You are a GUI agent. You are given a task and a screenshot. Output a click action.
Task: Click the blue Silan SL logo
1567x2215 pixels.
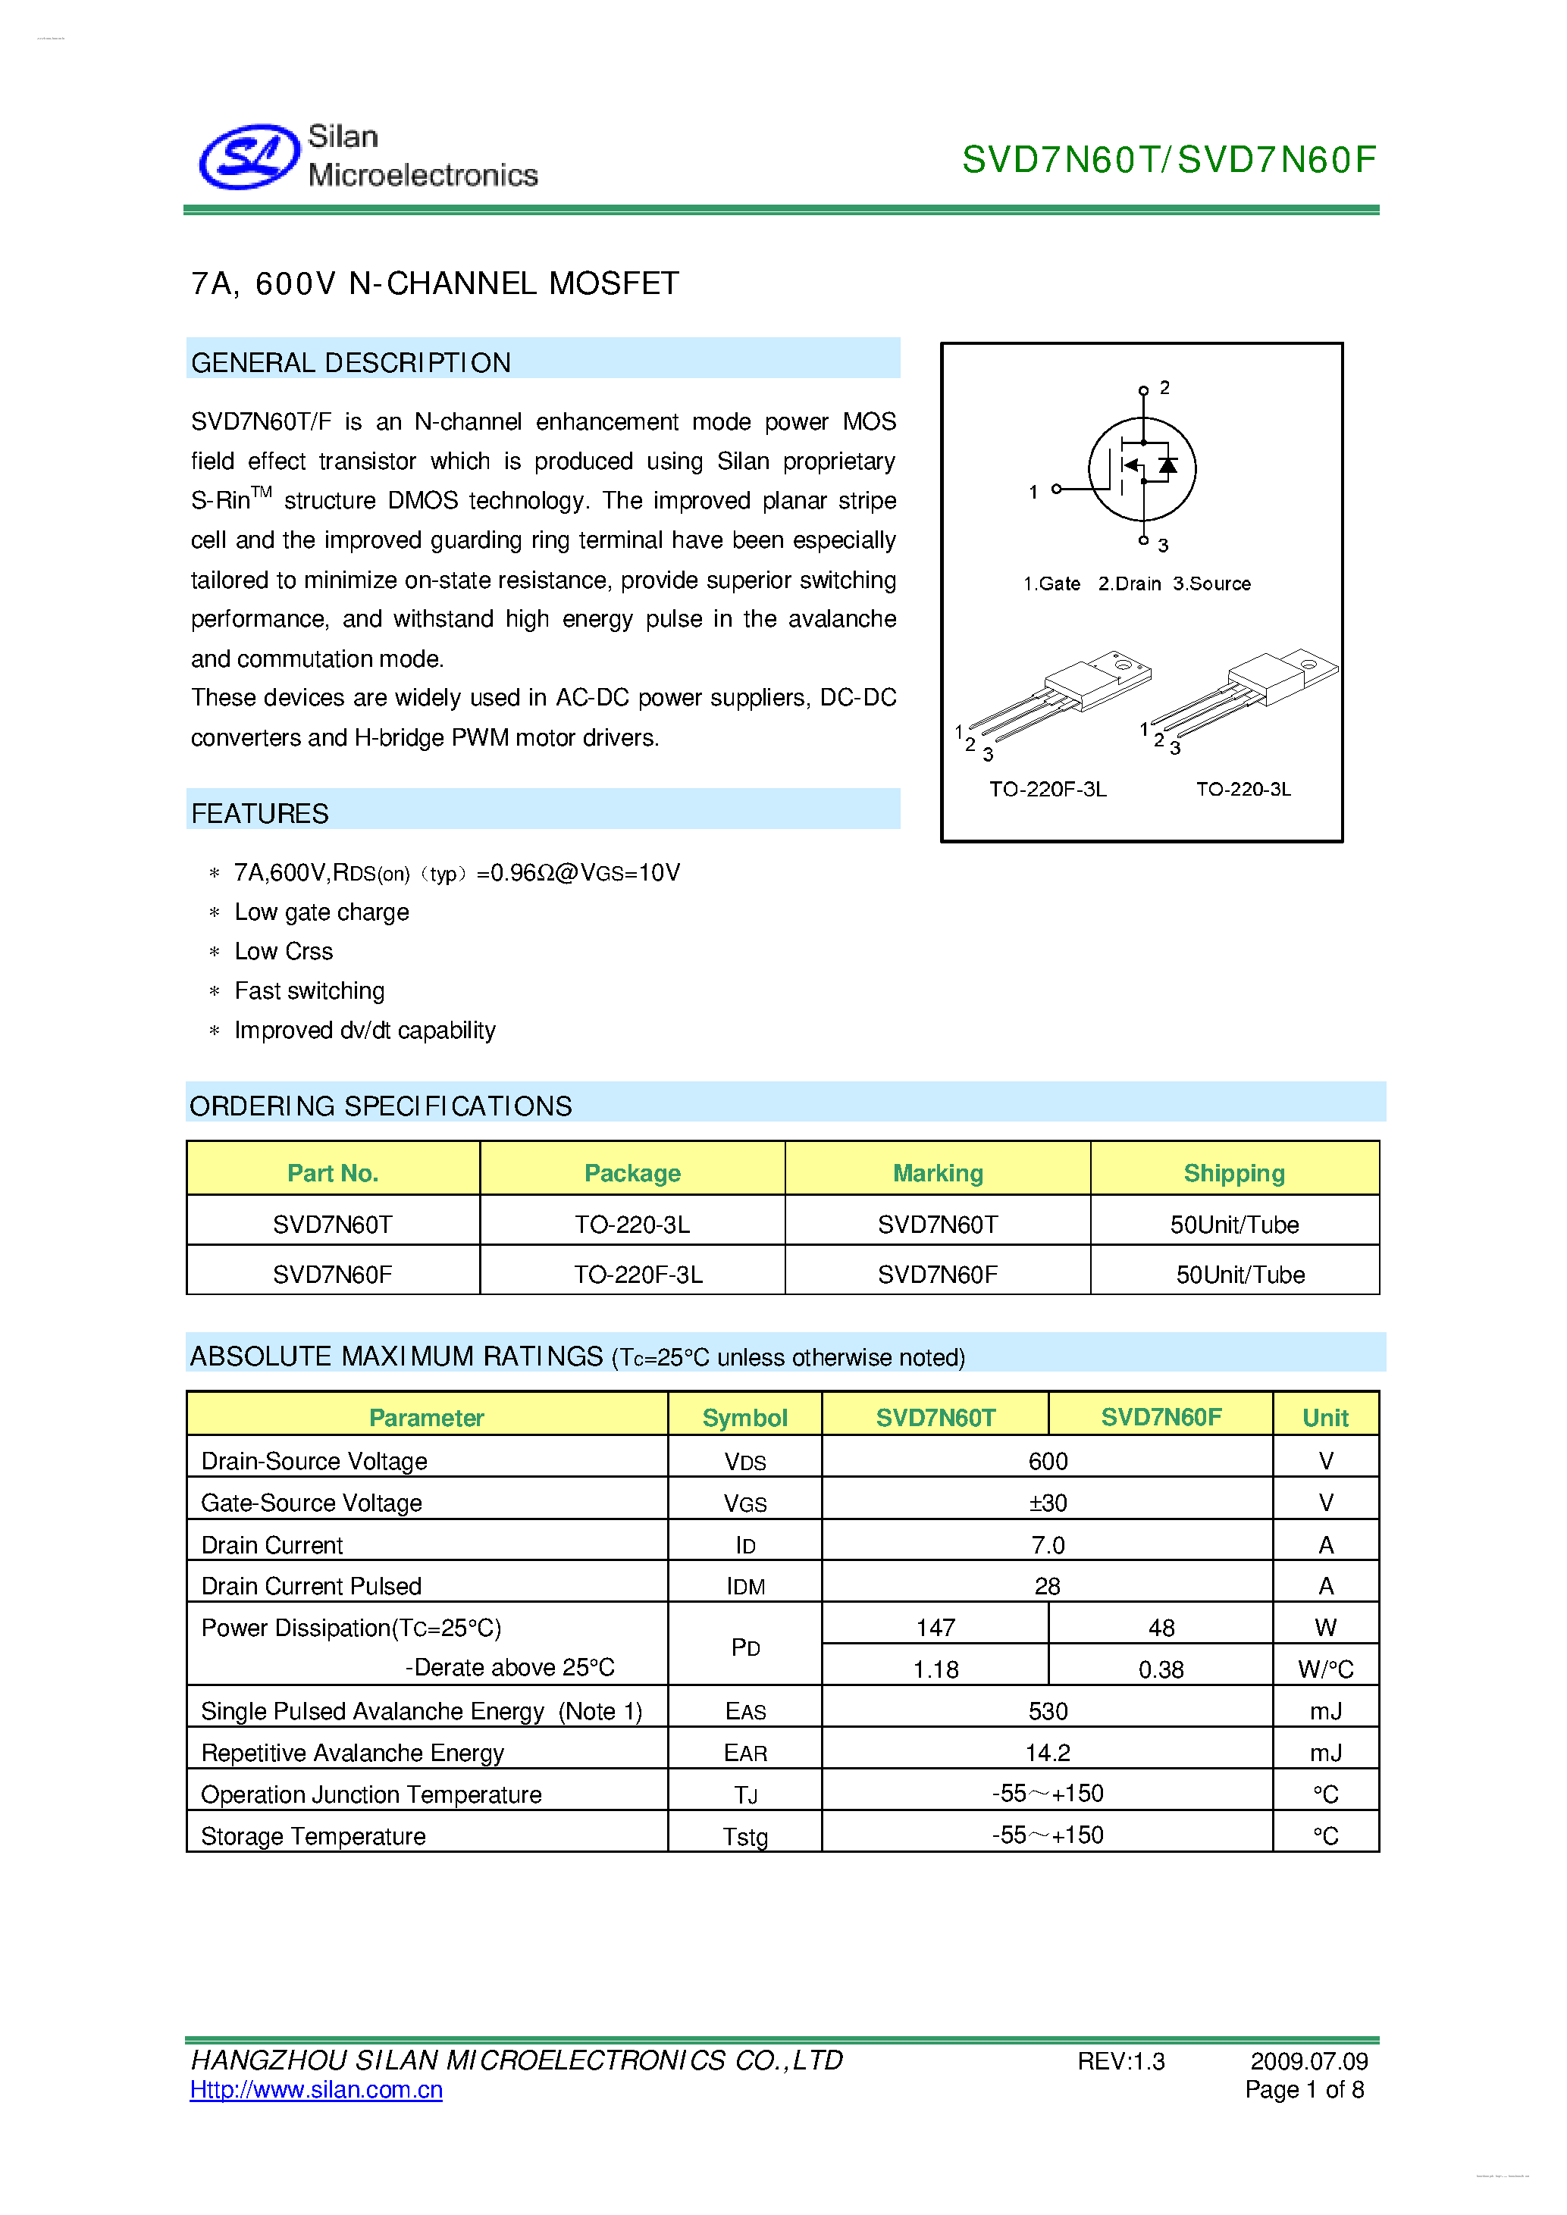click(x=249, y=156)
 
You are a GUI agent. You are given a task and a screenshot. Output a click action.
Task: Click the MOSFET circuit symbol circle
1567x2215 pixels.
click(x=1142, y=470)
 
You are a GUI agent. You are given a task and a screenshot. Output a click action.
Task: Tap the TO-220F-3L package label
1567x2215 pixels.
click(x=1048, y=789)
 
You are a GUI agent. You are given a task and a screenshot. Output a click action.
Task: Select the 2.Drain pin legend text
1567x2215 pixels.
click(x=1129, y=583)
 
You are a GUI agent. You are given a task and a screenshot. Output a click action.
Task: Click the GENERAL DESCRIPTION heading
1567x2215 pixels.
click(x=351, y=363)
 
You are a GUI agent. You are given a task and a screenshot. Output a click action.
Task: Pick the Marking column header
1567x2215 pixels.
click(x=937, y=1173)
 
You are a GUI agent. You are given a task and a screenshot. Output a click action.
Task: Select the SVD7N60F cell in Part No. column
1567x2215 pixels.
click(x=332, y=1275)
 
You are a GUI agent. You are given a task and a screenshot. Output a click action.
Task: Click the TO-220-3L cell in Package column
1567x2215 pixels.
click(x=632, y=1225)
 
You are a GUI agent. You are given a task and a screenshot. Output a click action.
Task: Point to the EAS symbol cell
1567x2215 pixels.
click(x=745, y=1711)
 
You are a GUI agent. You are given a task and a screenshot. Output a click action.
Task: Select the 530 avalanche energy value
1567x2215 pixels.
click(x=1048, y=1711)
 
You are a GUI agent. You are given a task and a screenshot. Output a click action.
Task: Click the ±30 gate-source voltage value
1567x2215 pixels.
click(x=1048, y=1503)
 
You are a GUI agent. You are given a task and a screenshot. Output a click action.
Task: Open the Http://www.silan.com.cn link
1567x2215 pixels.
click(x=316, y=2089)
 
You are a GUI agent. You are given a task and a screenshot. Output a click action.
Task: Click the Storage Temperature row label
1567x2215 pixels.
click(x=314, y=1836)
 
